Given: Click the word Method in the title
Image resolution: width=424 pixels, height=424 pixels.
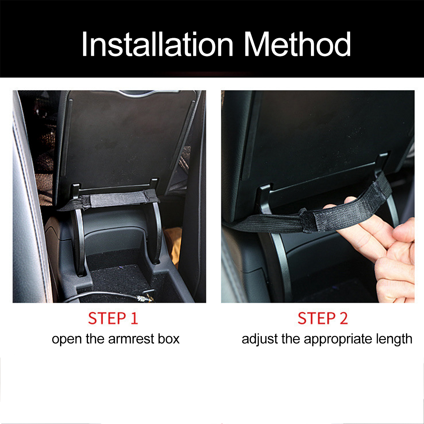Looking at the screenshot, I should point(297,45).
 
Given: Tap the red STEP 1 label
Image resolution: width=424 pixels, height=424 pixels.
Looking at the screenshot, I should point(113,318).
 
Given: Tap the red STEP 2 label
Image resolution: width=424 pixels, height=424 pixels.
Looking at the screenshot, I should point(323,318).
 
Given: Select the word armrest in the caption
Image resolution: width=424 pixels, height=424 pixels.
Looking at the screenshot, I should point(131,339).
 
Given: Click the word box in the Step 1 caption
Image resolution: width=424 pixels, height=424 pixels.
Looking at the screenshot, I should point(169,339).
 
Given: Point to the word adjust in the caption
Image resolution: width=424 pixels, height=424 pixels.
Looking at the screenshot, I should point(260,339).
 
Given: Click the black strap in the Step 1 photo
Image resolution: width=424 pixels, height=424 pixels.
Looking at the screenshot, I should point(117,200).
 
